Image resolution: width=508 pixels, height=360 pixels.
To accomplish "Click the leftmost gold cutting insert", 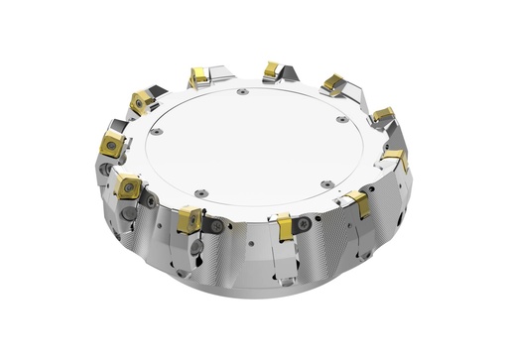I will click(112, 145).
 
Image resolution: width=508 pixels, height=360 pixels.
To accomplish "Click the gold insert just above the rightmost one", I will click(383, 115).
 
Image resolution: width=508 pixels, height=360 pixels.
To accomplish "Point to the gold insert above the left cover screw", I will click(142, 100).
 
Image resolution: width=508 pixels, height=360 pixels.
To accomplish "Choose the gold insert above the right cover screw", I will click(332, 84).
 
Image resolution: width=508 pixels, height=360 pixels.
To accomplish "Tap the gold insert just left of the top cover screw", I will click(198, 76).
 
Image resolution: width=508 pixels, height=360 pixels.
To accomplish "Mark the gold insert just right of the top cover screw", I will click(271, 69).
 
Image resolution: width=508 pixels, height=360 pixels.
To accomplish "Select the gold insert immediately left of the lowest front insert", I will click(190, 218).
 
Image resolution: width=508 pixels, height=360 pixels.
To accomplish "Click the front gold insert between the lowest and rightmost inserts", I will click(357, 203).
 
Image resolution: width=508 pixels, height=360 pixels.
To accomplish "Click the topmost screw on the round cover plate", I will click(243, 92).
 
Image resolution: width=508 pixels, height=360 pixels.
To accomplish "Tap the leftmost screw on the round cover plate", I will click(156, 129).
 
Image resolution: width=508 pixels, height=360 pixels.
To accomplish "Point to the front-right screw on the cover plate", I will click(325, 183).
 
